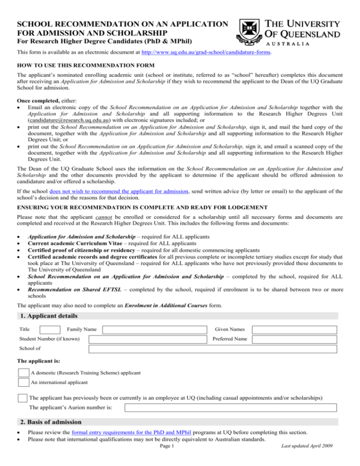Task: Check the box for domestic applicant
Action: (x=23, y=373)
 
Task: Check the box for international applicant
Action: (x=23, y=382)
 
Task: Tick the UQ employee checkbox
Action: (x=22, y=398)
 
